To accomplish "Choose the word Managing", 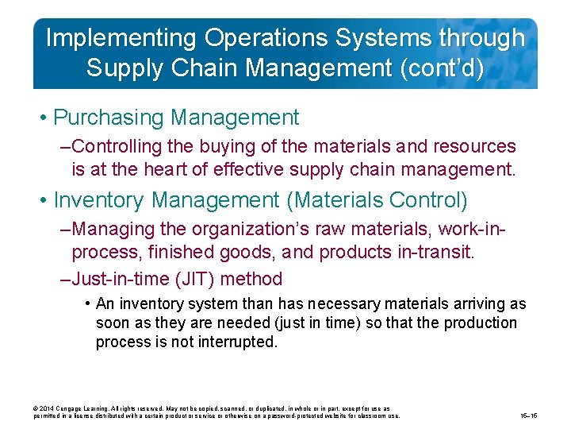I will pos(113,229).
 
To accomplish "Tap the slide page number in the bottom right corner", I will pos(528,415).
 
